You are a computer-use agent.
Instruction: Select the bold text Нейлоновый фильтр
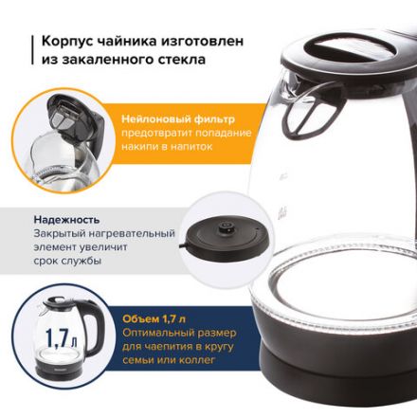(x=177, y=119)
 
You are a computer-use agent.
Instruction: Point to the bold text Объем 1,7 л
(x=155, y=317)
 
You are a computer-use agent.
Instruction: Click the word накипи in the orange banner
(x=139, y=150)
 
